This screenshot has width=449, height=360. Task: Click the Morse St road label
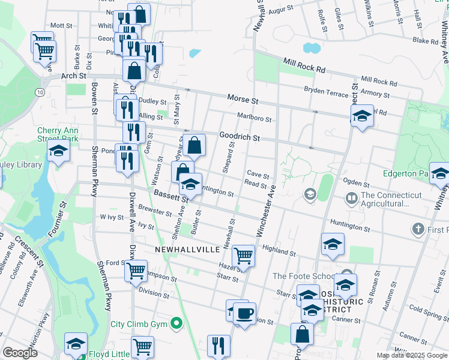click(x=243, y=98)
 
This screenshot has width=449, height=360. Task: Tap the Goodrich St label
click(x=239, y=137)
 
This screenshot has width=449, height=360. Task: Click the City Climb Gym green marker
click(x=176, y=324)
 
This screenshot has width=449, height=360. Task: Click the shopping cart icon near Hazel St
click(x=244, y=255)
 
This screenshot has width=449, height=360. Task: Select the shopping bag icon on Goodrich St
click(x=194, y=145)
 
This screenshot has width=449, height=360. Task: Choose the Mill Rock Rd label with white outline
click(x=304, y=65)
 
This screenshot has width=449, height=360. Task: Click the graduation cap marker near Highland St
click(x=333, y=244)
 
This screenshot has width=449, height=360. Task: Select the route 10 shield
click(x=40, y=92)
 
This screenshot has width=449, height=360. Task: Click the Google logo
click(x=20, y=352)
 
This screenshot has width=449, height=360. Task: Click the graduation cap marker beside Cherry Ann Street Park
click(x=58, y=151)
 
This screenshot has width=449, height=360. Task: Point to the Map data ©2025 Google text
click(x=411, y=355)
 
